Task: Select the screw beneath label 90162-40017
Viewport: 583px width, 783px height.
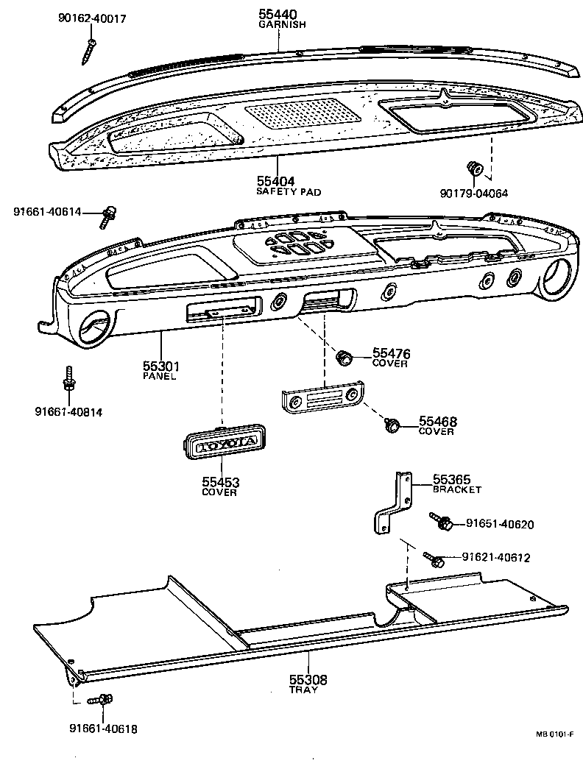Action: tap(90, 51)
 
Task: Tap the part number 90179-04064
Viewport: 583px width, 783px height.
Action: tap(475, 193)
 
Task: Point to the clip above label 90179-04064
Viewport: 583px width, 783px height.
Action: tap(473, 169)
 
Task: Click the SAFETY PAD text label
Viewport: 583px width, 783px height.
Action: tap(289, 191)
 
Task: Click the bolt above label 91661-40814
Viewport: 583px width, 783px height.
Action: tap(68, 380)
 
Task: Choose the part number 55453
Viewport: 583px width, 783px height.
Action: tap(221, 483)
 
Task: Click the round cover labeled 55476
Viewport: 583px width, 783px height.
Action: tap(343, 358)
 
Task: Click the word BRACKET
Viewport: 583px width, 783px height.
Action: tap(456, 489)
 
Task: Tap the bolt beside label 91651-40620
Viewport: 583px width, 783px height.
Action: tap(444, 523)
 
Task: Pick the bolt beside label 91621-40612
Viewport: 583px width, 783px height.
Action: tap(434, 560)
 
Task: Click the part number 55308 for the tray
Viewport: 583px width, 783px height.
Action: tap(307, 680)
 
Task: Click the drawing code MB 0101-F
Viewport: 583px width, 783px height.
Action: tap(554, 734)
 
